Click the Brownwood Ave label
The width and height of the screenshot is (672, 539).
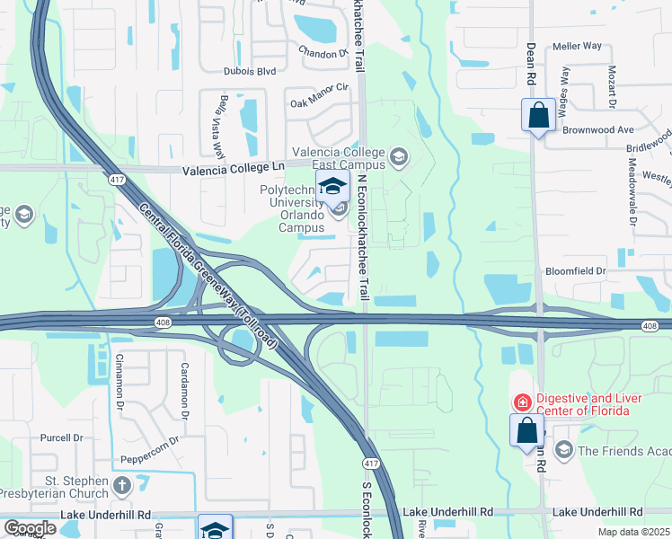tap(598, 129)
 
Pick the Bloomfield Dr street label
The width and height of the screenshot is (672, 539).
tap(577, 270)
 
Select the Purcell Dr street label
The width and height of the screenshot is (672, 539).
tap(61, 438)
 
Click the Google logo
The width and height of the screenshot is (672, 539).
tap(30, 528)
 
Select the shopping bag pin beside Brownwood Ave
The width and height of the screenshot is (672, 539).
tap(538, 116)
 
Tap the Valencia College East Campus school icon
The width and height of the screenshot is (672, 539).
tap(398, 159)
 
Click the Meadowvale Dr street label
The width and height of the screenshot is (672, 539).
tap(632, 192)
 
